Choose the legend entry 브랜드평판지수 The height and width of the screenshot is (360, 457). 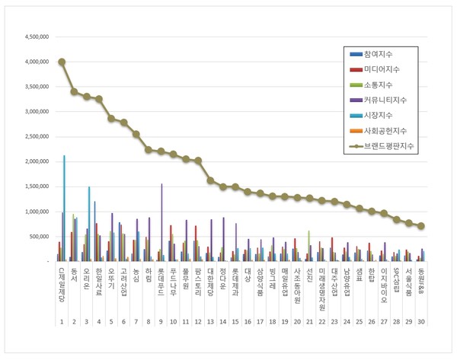tap(386, 145)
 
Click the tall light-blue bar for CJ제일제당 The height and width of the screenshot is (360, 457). tap(64, 205)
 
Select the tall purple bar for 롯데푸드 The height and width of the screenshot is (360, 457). tap(161, 221)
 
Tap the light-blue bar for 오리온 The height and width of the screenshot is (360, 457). tap(89, 223)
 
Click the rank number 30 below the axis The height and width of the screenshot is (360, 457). tap(420, 323)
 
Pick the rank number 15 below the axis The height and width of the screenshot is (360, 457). tap(235, 323)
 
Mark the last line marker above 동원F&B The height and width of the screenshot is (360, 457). tap(420, 226)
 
